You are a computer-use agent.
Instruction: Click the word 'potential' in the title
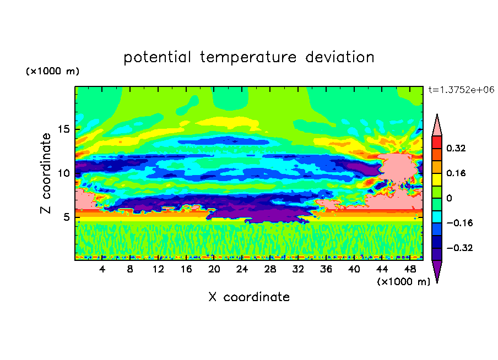tap(157, 58)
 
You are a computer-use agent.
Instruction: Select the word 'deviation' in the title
tap(340, 57)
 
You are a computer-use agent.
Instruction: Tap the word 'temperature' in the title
tap(248, 58)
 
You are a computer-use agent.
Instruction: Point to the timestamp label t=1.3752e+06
tap(461, 90)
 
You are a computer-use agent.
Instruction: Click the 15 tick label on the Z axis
tap(63, 129)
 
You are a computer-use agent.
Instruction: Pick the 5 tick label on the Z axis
tap(66, 217)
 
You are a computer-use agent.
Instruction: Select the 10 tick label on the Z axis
tap(63, 173)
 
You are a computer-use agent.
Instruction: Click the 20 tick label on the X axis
tap(214, 269)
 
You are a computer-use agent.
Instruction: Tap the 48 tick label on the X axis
tap(410, 269)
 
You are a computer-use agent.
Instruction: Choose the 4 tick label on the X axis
tap(102, 269)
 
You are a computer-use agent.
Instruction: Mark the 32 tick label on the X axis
tap(298, 269)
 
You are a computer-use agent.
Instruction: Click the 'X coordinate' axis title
tap(249, 297)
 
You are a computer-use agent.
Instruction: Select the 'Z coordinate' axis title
tap(46, 173)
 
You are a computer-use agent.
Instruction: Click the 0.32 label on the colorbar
tap(456, 148)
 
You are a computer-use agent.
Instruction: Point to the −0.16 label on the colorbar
tap(459, 223)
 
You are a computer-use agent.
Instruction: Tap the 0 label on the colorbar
tap(449, 198)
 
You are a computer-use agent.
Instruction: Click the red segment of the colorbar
tap(437, 142)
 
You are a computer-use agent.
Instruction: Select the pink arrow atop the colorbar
tap(437, 126)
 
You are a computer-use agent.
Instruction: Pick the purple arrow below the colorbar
tap(437, 270)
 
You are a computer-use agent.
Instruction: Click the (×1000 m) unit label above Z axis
tap(52, 71)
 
